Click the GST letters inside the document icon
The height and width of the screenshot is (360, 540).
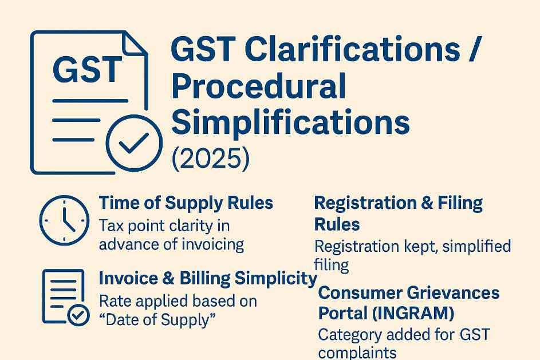coord(88,70)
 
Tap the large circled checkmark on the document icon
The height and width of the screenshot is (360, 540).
coord(134,143)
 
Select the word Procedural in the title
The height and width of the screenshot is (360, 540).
coord(258,86)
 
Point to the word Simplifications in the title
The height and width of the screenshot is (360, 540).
coord(290,122)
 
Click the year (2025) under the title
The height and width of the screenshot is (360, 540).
coord(210,159)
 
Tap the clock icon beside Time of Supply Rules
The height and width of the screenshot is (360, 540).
coord(64,220)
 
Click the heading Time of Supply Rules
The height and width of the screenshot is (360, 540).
coord(186,203)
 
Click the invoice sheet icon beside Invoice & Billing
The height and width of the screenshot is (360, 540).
coord(64,296)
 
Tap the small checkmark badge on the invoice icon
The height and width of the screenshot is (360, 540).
coord(78,315)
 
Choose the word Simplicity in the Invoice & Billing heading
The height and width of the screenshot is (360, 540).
coord(275,278)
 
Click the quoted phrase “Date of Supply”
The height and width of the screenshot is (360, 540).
coord(157,320)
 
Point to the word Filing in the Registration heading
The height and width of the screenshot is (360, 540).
coord(460,203)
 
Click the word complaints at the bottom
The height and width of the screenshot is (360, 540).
coord(357,353)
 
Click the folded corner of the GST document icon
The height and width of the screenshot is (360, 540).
coord(135,43)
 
